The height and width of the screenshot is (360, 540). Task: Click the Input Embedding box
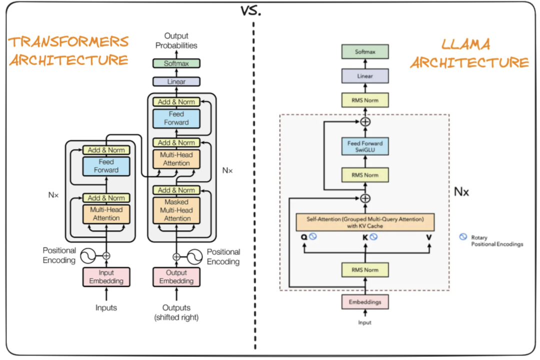click(106, 277)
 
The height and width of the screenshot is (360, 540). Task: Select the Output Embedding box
click(176, 277)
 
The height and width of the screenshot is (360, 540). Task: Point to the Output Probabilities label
click(176, 40)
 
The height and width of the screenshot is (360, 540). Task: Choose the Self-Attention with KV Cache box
click(365, 222)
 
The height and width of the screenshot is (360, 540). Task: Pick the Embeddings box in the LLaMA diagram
click(365, 302)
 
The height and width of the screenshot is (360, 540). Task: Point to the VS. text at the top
click(250, 10)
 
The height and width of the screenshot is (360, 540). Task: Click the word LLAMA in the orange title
click(466, 44)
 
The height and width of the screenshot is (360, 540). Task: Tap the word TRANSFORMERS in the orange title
click(68, 41)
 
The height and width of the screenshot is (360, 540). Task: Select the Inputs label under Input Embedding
click(106, 307)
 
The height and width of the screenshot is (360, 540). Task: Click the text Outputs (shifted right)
click(176, 312)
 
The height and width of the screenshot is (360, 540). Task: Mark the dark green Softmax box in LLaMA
click(365, 51)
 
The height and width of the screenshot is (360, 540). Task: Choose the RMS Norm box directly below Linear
click(365, 100)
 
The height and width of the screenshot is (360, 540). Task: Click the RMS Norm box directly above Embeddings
click(365, 270)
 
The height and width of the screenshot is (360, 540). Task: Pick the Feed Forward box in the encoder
click(106, 166)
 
